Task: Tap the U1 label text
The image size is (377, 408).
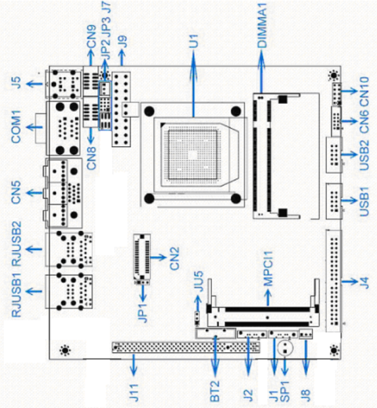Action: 194,41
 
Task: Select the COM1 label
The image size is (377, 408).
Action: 16,127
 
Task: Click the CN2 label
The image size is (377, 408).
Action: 174,258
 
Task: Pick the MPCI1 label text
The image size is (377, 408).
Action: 268,269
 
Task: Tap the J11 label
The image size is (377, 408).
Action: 134,392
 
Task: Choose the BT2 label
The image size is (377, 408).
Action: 214,391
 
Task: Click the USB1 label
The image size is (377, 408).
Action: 364,201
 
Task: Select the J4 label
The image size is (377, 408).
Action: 364,282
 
